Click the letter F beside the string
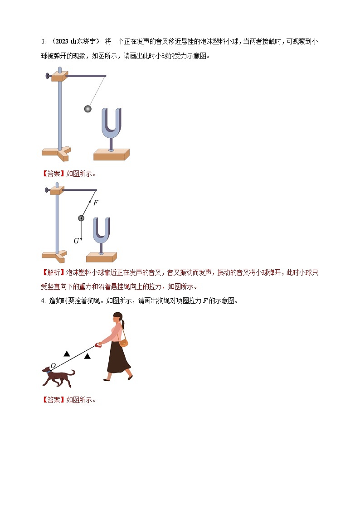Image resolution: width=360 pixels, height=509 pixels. [x=95, y=203]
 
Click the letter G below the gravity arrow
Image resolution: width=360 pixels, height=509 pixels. [x=76, y=241]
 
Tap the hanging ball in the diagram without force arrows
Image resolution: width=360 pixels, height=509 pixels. [x=88, y=109]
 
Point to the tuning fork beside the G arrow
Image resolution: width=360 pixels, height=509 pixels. [x=102, y=231]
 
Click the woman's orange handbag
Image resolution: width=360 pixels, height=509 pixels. [x=123, y=342]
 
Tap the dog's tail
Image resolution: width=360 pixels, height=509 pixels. [x=73, y=372]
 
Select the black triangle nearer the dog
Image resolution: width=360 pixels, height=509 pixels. [x=67, y=353]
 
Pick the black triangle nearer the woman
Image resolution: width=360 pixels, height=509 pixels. [x=87, y=356]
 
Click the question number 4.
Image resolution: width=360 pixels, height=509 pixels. [x=43, y=301]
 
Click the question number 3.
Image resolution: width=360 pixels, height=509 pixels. [x=43, y=42]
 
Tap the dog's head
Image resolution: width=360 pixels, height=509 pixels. [x=47, y=371]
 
